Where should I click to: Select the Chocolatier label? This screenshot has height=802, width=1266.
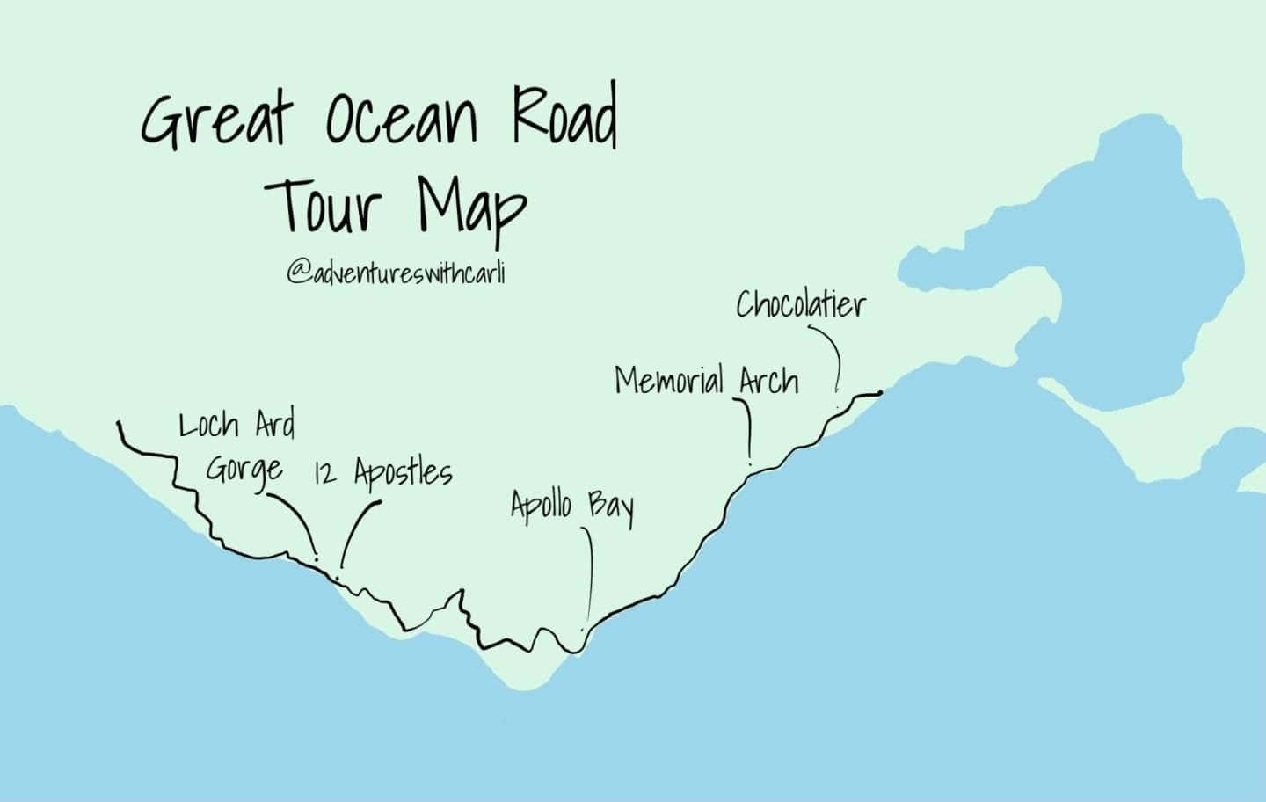801,305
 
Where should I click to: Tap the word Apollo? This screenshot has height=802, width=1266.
541,506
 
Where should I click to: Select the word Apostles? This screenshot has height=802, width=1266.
404,473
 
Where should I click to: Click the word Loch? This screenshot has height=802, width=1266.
208,426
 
